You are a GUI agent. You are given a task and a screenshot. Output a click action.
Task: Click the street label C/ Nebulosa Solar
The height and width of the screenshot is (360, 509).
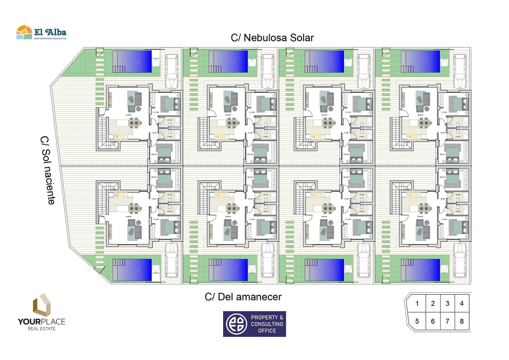point(272,37)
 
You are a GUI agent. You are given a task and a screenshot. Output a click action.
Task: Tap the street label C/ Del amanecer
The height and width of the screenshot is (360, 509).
point(243,297)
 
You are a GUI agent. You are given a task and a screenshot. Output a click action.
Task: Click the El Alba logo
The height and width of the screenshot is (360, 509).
point(41,32)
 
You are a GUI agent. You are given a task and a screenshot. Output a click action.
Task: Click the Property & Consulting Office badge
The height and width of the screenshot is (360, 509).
point(254,324)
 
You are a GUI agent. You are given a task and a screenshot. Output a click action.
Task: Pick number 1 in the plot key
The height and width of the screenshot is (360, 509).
point(417,304)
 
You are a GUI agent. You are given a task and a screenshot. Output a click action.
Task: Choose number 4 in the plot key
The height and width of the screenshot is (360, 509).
point(462,304)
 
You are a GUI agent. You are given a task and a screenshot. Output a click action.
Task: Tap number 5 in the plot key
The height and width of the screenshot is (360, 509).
point(417,322)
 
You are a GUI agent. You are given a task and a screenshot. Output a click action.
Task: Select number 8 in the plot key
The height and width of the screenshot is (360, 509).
point(462,322)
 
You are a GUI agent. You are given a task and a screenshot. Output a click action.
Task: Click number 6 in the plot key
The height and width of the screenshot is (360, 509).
point(433,322)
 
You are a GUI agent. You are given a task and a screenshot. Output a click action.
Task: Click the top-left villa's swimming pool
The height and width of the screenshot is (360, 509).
point(132,61)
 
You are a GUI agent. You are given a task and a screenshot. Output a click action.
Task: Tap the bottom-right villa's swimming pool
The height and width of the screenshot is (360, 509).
point(420,270)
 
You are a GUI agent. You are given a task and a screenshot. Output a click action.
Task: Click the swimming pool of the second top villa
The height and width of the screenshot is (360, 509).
point(228,61)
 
